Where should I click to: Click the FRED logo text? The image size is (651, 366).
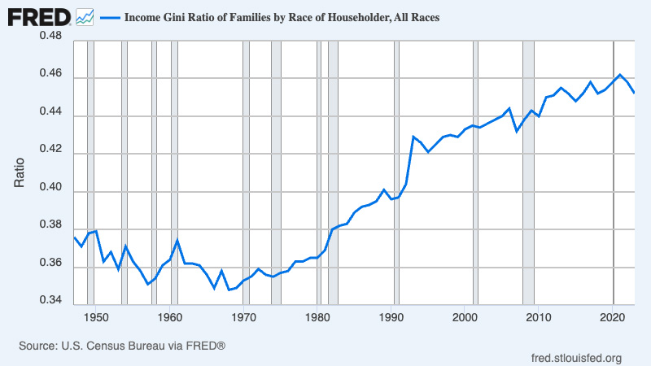pyautogui.click(x=38, y=15)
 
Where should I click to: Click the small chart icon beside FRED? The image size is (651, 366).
pyautogui.click(x=85, y=15)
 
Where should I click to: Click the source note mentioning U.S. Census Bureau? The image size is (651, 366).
pyautogui.click(x=121, y=346)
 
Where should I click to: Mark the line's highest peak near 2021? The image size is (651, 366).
pyautogui.click(x=620, y=75)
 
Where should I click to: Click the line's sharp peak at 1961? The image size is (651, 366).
pyautogui.click(x=177, y=241)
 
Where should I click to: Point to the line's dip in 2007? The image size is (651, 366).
pyautogui.click(x=517, y=130)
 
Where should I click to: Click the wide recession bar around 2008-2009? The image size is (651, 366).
pyautogui.click(x=528, y=171)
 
